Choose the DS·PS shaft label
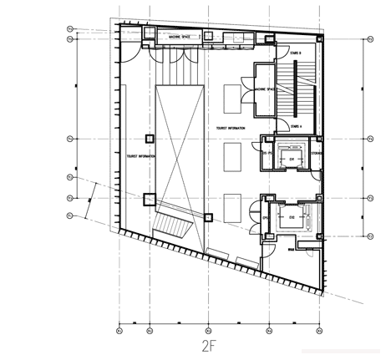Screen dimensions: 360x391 [268, 153]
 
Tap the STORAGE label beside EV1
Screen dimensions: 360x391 [316, 153]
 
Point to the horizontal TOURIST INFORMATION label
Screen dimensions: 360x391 [233, 128]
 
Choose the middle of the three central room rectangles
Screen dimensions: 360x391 [232, 156]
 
